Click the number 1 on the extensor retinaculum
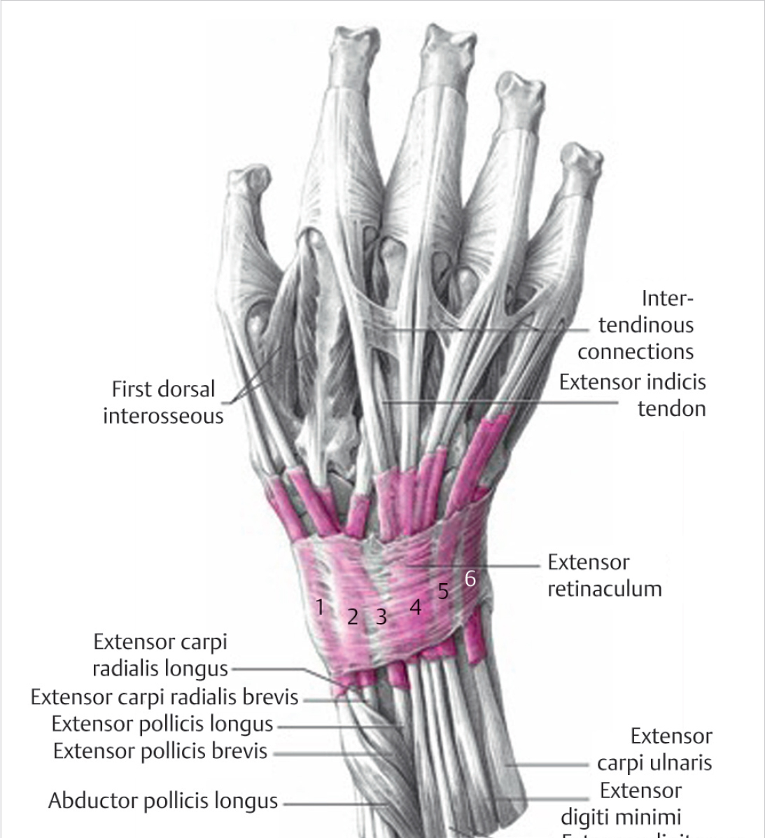click(320, 607)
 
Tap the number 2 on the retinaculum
click(353, 617)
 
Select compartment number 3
click(381, 616)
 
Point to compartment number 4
click(416, 607)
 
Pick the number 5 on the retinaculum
click(443, 591)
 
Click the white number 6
click(470, 578)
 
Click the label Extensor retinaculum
click(604, 575)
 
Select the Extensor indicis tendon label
click(632, 395)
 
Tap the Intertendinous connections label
click(636, 325)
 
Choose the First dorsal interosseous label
click(163, 403)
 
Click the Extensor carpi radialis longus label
click(160, 655)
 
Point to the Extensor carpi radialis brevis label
click(164, 697)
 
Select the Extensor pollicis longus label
click(162, 723)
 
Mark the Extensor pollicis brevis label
click(160, 751)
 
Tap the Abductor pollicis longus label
click(163, 800)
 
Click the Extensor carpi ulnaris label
click(654, 749)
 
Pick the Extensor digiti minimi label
click(621, 804)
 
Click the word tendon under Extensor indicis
click(671, 408)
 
